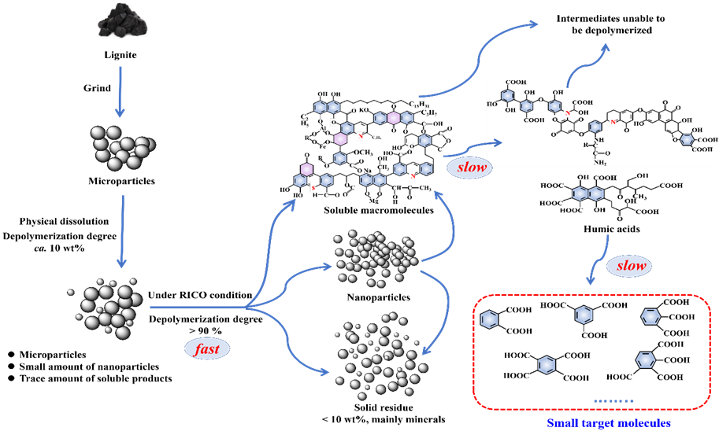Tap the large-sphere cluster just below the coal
(121, 147)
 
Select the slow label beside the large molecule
(468, 168)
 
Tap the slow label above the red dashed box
(631, 266)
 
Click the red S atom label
(313, 187)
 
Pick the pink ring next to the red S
(306, 168)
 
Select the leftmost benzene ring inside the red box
(489, 320)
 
